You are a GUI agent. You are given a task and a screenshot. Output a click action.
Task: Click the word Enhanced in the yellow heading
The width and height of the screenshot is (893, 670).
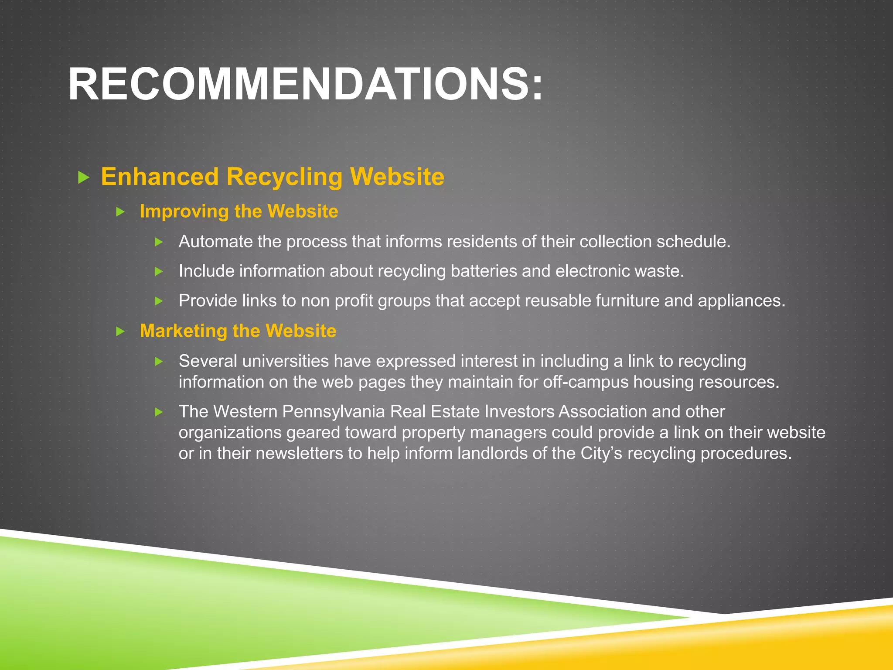[x=160, y=177]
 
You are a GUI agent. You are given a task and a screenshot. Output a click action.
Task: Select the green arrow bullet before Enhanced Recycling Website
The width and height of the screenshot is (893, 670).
[x=83, y=177]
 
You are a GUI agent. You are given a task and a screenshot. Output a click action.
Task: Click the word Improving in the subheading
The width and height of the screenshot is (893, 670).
[x=183, y=212]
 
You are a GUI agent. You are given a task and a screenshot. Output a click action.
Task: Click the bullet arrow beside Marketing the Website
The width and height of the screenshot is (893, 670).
[x=120, y=332]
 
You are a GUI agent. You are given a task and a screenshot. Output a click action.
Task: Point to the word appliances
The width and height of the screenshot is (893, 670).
[x=741, y=301]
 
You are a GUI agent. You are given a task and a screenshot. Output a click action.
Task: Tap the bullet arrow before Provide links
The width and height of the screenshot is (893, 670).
[x=159, y=301]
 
